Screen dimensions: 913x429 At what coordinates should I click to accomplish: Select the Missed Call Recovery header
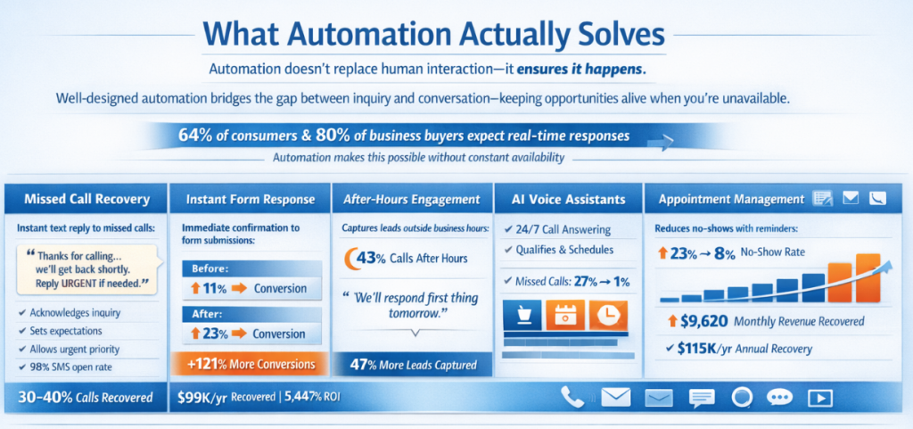pyautogui.click(x=86, y=200)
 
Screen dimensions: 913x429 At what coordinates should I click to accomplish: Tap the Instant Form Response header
pyautogui.click(x=251, y=200)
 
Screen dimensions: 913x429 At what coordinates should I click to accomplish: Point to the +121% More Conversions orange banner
pyautogui.click(x=251, y=365)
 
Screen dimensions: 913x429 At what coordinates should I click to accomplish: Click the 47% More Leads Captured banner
pyautogui.click(x=412, y=365)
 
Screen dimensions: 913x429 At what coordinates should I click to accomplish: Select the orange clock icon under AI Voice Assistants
pyautogui.click(x=608, y=316)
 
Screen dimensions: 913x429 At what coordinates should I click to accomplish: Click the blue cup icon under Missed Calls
pyautogui.click(x=522, y=316)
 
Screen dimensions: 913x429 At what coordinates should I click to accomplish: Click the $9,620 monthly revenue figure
pyautogui.click(x=696, y=320)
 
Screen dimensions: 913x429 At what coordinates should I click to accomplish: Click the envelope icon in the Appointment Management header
pyautogui.click(x=851, y=199)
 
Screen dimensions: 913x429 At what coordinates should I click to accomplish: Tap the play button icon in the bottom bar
pyautogui.click(x=820, y=398)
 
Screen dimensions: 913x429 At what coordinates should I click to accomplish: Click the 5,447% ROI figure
pyautogui.click(x=312, y=398)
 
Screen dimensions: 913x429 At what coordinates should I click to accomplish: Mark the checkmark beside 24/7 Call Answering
pyautogui.click(x=507, y=228)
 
